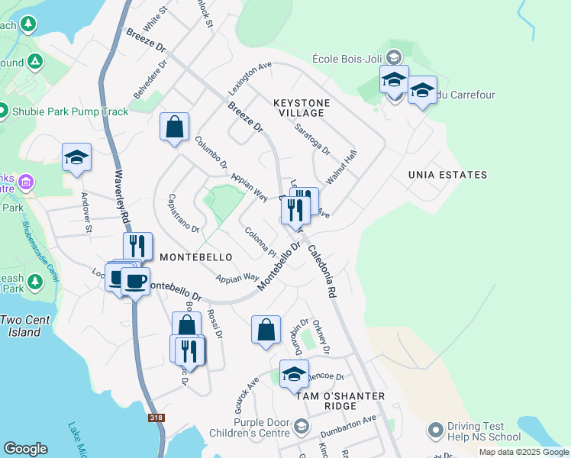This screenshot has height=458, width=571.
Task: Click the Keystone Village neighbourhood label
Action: click(302, 108)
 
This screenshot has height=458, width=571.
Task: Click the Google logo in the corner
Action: click(25, 449)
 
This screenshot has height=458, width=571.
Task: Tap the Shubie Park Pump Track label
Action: click(70, 111)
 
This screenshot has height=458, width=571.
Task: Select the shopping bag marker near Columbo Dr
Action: click(174, 126)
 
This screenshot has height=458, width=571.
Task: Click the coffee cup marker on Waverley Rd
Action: click(135, 281)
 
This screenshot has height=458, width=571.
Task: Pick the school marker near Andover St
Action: click(76, 157)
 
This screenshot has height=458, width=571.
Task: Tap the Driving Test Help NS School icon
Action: click(435, 431)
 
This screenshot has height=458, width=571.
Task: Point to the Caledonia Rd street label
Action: click(322, 270)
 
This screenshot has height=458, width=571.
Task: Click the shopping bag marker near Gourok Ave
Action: click(266, 330)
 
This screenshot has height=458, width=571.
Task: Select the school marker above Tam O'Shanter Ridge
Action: click(294, 374)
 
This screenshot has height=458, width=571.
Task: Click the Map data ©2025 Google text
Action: click(524, 452)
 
